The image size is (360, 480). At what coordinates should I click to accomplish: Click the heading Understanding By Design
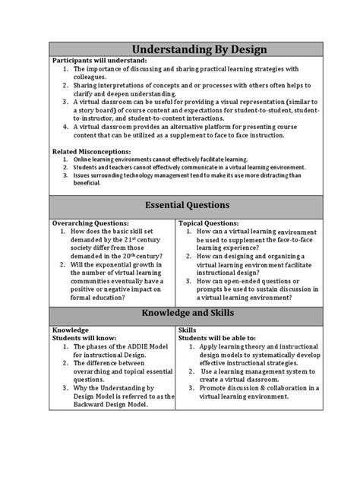click(x=180, y=50)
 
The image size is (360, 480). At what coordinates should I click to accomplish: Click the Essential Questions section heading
click(x=180, y=204)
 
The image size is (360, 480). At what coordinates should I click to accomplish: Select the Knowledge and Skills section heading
click(x=180, y=314)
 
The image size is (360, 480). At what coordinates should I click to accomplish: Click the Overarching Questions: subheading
click(x=91, y=223)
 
